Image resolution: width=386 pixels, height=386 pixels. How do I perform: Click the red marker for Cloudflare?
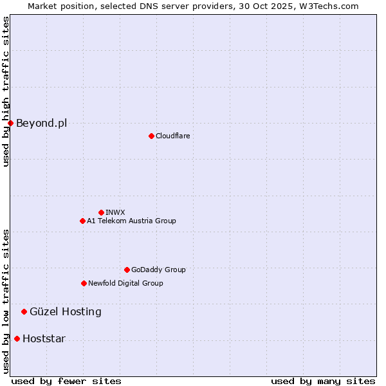[151, 136]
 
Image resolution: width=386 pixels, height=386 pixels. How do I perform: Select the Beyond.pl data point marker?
[10, 123]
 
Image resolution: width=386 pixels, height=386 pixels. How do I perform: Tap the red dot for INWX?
[101, 212]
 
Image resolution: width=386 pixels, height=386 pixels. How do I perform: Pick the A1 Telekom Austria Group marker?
[82, 221]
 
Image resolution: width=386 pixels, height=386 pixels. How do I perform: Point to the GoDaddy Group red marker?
[127, 270]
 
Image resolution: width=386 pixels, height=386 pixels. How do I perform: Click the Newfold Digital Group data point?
[84, 283]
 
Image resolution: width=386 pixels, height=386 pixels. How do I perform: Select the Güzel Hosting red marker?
[24, 311]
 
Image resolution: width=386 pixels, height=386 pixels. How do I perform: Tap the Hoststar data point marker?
[17, 338]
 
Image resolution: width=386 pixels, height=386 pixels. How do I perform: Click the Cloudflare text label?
[172, 136]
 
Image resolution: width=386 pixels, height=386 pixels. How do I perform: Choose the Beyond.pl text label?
[41, 123]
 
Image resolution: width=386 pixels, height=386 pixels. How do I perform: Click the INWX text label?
[115, 212]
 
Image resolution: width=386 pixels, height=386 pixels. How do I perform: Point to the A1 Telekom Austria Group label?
[131, 221]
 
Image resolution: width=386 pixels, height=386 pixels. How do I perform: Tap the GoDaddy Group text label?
[158, 270]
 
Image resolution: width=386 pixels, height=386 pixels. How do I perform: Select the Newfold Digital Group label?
[125, 283]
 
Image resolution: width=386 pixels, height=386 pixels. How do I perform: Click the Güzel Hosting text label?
[66, 311]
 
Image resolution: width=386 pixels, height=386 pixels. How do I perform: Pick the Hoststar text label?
[44, 338]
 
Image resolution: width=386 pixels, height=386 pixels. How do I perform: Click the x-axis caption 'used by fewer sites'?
[66, 381]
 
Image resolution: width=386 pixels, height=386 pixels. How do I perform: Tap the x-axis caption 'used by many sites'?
[323, 381]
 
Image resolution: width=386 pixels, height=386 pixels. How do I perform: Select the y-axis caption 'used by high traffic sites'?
[6, 91]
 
